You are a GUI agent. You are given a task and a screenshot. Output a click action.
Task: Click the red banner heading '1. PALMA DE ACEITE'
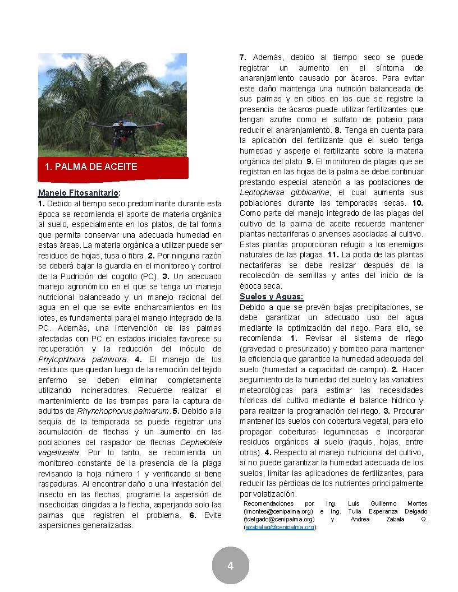(x=91, y=167)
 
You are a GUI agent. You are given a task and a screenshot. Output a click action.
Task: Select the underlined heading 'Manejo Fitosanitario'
(x=78, y=193)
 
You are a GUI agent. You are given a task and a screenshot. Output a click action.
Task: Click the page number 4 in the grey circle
(x=230, y=566)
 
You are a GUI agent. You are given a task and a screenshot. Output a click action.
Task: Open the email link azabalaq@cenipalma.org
(x=280, y=527)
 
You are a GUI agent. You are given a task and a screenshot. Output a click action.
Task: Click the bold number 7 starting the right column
(x=243, y=57)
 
